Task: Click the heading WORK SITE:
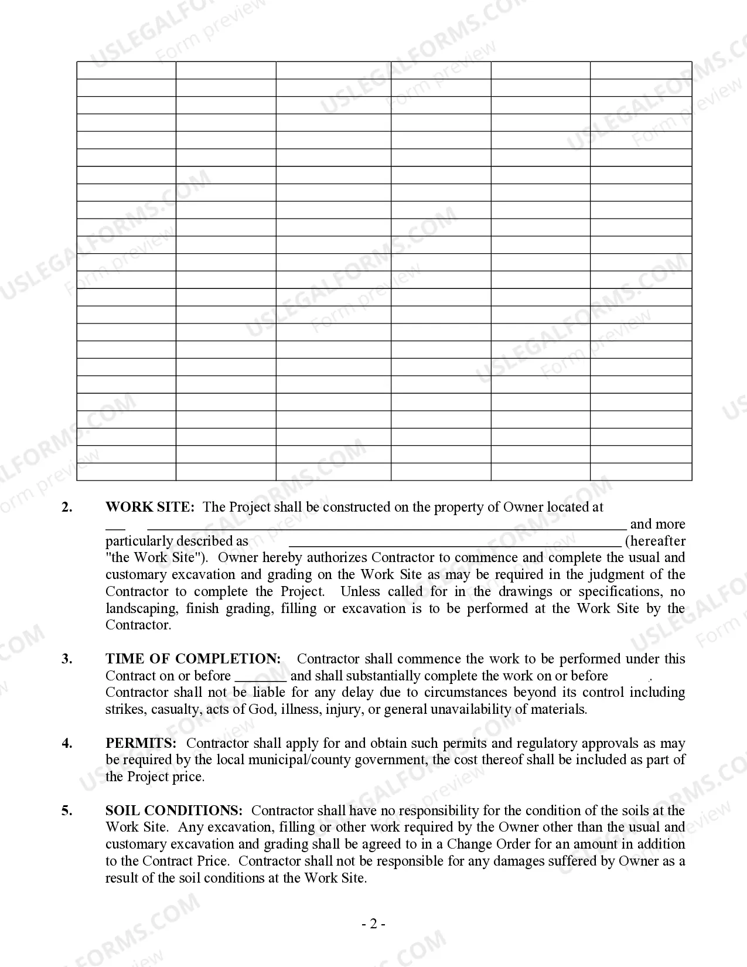pyautogui.click(x=149, y=507)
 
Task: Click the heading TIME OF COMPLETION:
pyautogui.click(x=193, y=659)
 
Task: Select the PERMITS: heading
pyautogui.click(x=141, y=743)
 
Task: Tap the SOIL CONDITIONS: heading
pyautogui.click(x=173, y=811)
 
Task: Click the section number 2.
pyautogui.click(x=67, y=507)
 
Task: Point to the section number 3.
pyautogui.click(x=67, y=659)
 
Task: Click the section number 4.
pyautogui.click(x=67, y=743)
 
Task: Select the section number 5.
pyautogui.click(x=67, y=811)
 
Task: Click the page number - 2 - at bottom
pyautogui.click(x=373, y=924)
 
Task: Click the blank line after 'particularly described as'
pyautogui.click(x=455, y=543)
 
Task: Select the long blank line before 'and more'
pyautogui.click(x=387, y=526)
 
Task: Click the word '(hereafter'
pyautogui.click(x=655, y=541)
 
